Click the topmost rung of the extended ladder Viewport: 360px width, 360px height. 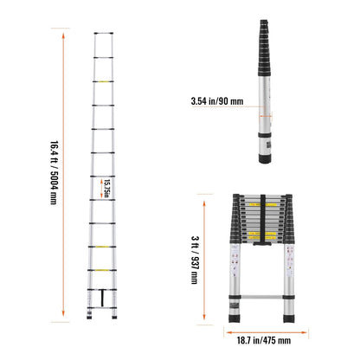(x=104, y=35)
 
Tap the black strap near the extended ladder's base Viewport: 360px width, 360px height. (x=105, y=297)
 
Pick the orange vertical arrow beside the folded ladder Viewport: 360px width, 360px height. (x=206, y=260)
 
